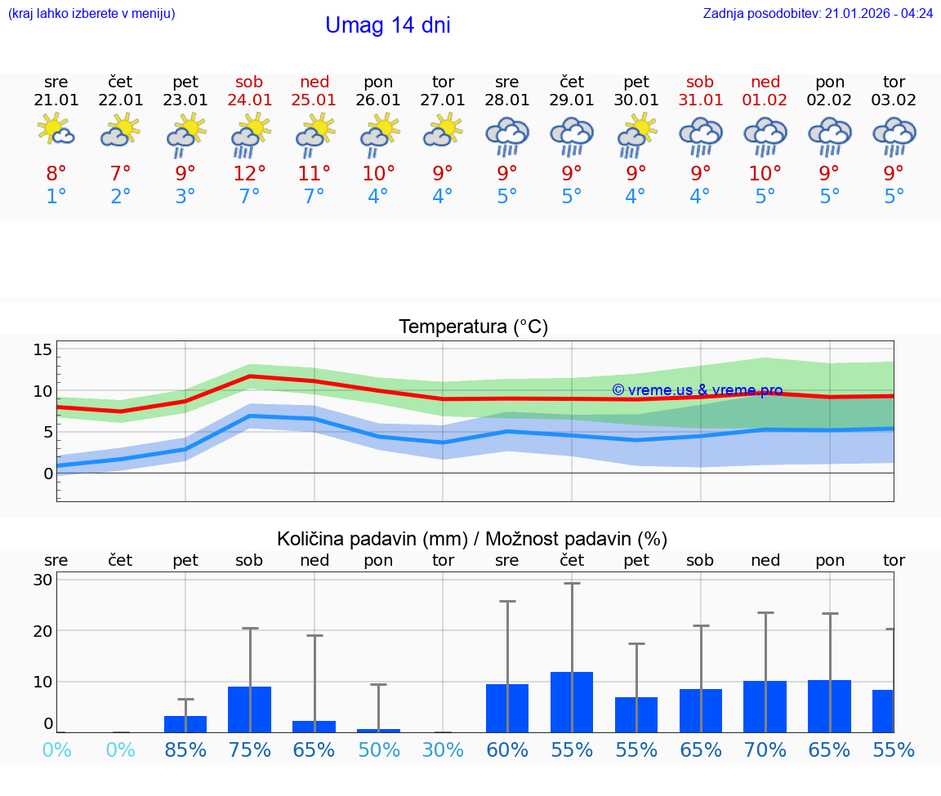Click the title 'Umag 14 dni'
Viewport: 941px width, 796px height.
(387, 25)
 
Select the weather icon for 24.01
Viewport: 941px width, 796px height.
(250, 136)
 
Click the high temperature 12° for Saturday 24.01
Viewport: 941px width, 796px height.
(250, 174)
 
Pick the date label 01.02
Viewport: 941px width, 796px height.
(765, 100)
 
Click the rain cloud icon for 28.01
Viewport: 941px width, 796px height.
(507, 136)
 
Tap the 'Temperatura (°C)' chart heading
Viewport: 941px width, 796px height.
(473, 327)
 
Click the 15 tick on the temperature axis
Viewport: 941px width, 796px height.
(42, 349)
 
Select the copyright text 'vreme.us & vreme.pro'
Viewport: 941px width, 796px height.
(697, 390)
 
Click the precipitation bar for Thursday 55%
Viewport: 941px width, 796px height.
(572, 701)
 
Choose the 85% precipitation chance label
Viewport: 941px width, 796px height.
(185, 749)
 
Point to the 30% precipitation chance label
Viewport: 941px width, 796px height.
(443, 749)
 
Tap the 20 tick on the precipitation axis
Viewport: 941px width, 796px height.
(42, 630)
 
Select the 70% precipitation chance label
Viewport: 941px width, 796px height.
(765, 749)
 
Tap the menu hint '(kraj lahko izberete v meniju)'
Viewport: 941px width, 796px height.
(91, 14)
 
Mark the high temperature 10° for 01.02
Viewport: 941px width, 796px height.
(765, 174)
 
